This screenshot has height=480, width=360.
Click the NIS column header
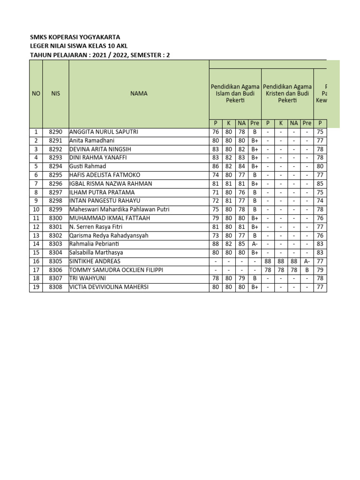click(x=55, y=94)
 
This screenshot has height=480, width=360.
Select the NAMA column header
click(x=139, y=94)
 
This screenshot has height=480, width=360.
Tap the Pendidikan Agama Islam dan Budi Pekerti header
click(x=235, y=94)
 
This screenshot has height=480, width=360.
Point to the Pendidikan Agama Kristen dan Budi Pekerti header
click(x=287, y=94)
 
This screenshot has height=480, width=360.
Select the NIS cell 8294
click(x=55, y=166)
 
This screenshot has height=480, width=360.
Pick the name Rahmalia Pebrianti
click(x=94, y=244)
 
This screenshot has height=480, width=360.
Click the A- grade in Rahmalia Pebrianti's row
click(x=255, y=244)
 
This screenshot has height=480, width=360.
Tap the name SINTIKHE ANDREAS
click(x=95, y=261)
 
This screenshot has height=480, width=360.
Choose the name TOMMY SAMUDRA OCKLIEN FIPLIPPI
click(x=116, y=270)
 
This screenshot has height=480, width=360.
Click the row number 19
click(x=36, y=287)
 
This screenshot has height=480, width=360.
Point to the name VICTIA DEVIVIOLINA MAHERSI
click(x=109, y=287)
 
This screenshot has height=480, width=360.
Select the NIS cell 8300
click(x=55, y=218)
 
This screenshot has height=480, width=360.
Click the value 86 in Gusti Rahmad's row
click(x=216, y=166)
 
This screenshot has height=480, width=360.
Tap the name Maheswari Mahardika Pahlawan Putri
click(x=119, y=210)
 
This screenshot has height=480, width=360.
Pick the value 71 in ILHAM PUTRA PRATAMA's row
click(x=216, y=192)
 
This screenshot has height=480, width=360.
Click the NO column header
click(x=36, y=94)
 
